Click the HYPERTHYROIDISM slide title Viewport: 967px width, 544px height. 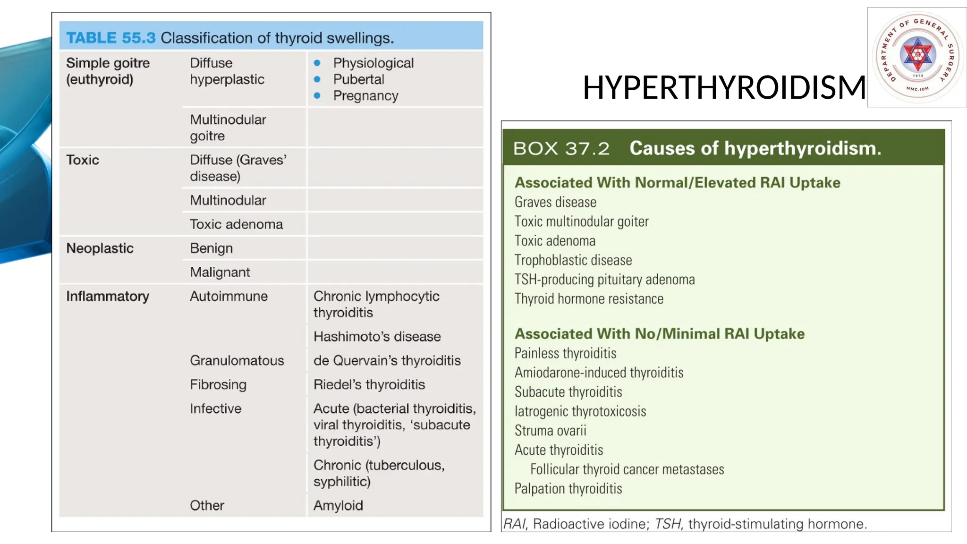pos(724,88)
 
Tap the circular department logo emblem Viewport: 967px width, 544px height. pos(917,57)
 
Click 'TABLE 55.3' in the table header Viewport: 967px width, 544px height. pos(110,38)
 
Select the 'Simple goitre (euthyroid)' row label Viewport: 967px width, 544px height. pos(108,71)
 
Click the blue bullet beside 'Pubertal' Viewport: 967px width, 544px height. pos(317,79)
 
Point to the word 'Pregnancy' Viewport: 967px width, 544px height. pos(365,96)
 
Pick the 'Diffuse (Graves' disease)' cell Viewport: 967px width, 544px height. pos(238,168)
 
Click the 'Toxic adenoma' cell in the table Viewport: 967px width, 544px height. pos(236,224)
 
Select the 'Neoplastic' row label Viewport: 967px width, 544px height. pos(100,248)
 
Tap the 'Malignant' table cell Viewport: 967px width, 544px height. pos(220,272)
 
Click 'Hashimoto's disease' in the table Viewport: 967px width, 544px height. pos(377,337)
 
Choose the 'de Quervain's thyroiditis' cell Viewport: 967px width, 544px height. pos(387,361)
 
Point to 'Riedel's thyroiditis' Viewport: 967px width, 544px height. pos(369,385)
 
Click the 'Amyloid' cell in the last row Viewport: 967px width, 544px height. pos(338,506)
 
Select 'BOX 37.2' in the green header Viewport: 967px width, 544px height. pos(561,149)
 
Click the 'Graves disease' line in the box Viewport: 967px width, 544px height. pos(555,203)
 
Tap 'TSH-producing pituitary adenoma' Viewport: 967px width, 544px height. pos(604,280)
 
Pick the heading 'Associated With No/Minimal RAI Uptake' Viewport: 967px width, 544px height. pos(659,334)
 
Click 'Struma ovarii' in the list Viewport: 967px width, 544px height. pos(550,431)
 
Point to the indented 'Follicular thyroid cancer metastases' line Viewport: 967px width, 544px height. pos(627,469)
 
